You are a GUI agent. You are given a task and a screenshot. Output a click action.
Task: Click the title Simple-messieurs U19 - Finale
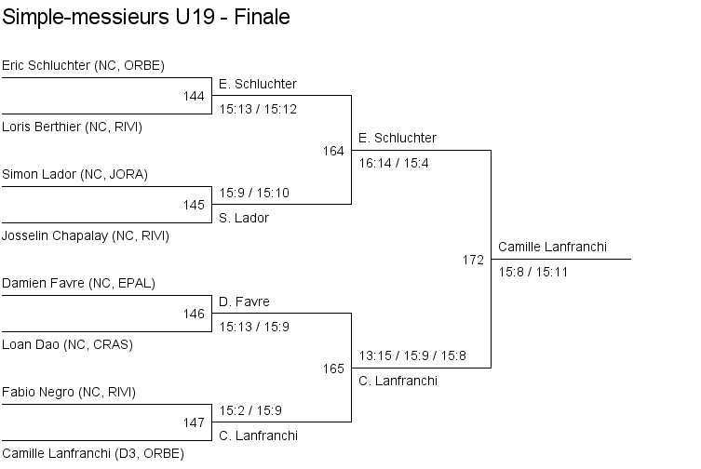(x=146, y=18)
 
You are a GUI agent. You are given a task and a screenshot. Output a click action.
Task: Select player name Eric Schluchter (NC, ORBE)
(x=83, y=65)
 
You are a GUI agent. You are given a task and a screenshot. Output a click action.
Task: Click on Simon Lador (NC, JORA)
(x=74, y=174)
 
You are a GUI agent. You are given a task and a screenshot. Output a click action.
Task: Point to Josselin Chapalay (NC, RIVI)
(x=85, y=235)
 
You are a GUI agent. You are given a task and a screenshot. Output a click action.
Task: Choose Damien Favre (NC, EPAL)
(x=78, y=283)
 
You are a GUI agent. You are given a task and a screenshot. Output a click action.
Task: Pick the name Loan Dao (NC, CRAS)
(x=67, y=344)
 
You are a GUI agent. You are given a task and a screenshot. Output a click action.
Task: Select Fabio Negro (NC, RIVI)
(x=69, y=392)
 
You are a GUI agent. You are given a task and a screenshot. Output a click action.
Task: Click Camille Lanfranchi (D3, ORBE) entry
(x=92, y=453)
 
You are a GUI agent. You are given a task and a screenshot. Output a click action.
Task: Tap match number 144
(x=194, y=96)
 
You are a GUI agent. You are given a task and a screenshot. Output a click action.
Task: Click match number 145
(x=194, y=205)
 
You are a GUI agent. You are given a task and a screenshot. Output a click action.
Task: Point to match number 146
(x=194, y=314)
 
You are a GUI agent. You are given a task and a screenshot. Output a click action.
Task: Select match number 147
(x=194, y=422)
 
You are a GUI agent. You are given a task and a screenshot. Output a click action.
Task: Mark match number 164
(x=333, y=151)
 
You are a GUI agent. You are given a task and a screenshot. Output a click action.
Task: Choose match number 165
(x=333, y=368)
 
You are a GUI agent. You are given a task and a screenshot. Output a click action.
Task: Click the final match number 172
(x=473, y=260)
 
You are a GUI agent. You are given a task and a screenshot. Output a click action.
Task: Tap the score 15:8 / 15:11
(x=533, y=272)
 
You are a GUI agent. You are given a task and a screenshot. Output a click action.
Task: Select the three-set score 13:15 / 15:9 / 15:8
(x=413, y=355)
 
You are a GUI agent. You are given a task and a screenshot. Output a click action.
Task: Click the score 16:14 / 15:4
(x=394, y=163)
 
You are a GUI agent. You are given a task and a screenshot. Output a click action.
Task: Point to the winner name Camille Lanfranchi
(x=552, y=247)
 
